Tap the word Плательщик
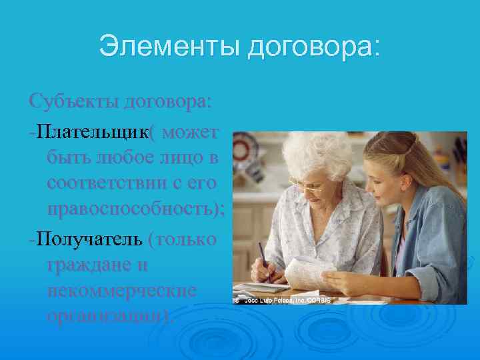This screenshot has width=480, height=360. [x=93, y=131]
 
